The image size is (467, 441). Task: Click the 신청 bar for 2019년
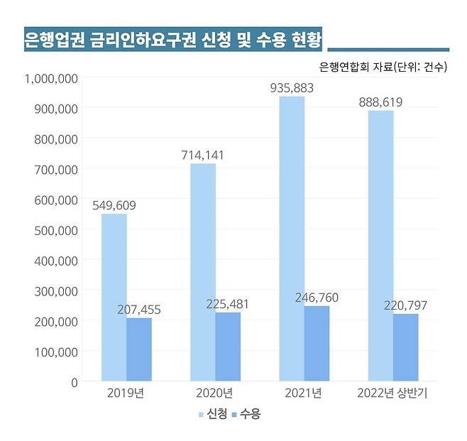point(114,298)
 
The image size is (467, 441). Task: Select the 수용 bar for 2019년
point(139,349)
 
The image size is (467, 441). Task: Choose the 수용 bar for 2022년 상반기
point(406,347)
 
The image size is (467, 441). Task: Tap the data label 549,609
point(114,206)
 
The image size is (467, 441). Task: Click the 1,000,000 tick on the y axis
point(51,78)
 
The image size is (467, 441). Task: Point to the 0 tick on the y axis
point(73,381)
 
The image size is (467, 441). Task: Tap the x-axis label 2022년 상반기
point(392,393)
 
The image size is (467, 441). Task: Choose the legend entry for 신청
point(213,413)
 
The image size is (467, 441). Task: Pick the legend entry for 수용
point(246,413)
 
